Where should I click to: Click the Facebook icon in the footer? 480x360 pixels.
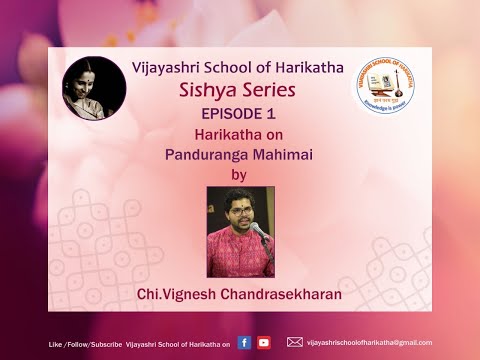pos(244,342)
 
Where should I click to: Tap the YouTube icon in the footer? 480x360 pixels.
pos(263,342)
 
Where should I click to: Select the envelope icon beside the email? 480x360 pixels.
pos(294,342)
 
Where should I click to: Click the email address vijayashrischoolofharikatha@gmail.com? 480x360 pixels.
pos(369,342)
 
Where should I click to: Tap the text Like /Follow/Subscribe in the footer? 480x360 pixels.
pos(85,343)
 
